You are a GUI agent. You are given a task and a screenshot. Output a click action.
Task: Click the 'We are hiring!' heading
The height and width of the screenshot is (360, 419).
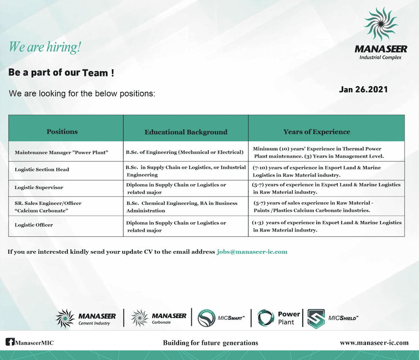[x=45, y=47]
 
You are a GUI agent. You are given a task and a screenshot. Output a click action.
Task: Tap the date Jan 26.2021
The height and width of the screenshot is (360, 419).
[x=363, y=89]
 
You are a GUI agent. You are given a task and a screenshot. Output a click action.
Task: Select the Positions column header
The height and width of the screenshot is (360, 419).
[x=62, y=132]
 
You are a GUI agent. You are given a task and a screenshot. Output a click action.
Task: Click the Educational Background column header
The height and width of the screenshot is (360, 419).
[x=186, y=132]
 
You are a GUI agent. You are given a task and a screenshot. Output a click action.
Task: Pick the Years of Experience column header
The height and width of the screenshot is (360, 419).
[x=317, y=132]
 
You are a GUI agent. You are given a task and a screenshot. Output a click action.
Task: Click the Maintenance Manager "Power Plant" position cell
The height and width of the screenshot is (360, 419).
[x=61, y=152]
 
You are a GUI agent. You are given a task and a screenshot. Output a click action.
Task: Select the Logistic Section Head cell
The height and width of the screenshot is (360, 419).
[x=42, y=169]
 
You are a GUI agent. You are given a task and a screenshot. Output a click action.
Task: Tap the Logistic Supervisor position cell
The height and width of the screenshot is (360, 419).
[x=39, y=187]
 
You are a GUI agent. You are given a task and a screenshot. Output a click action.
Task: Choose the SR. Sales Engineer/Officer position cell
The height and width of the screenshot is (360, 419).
[x=48, y=207]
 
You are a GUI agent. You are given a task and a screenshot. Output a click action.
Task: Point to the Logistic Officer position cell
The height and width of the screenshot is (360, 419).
[x=34, y=225]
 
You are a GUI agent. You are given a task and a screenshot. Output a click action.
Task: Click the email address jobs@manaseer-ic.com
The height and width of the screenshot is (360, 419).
[x=252, y=252]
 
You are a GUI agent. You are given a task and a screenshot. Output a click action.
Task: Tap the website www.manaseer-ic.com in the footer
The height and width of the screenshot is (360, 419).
[x=374, y=343]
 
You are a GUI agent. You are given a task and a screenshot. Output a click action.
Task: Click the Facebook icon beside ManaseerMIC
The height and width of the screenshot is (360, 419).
[x=10, y=342]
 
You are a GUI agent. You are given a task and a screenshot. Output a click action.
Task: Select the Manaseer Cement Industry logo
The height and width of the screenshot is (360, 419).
[x=86, y=318]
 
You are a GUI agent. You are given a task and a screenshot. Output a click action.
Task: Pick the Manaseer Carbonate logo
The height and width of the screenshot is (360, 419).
[x=159, y=318]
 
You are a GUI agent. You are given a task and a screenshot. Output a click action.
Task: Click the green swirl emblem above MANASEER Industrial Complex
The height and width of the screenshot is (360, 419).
[x=380, y=25]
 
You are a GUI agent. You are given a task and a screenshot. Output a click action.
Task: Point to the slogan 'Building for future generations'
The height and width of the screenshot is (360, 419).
[x=210, y=343]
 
